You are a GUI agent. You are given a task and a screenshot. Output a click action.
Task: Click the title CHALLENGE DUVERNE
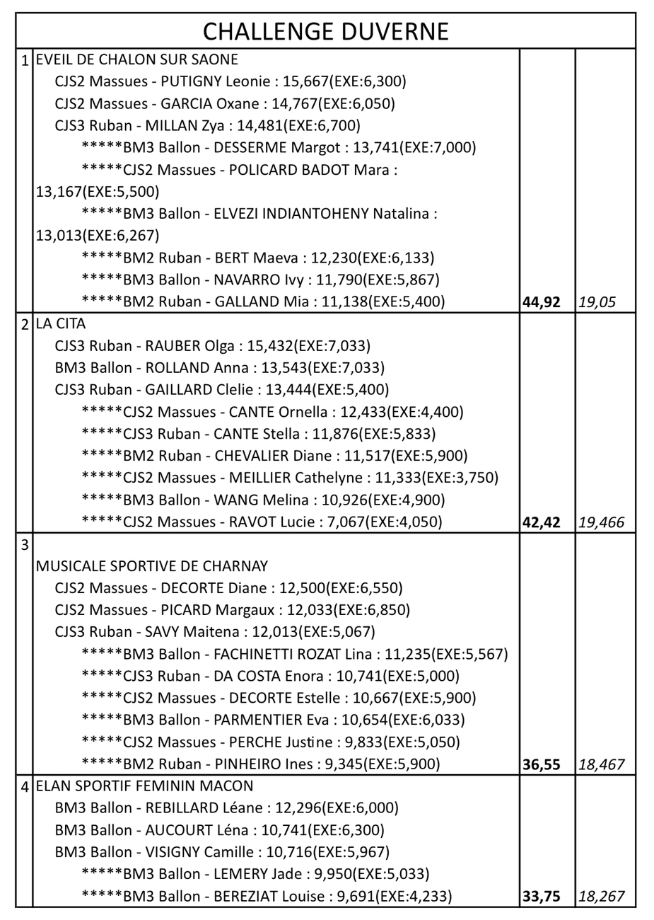pyautogui.click(x=326, y=32)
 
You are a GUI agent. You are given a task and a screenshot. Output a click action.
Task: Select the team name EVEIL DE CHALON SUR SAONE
pyautogui.click(x=137, y=59)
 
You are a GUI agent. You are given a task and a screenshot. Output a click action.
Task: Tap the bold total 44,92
pyautogui.click(x=541, y=303)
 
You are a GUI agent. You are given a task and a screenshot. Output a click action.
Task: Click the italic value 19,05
pyautogui.click(x=597, y=303)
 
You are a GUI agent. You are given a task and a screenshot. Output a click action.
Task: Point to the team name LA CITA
pyautogui.click(x=61, y=324)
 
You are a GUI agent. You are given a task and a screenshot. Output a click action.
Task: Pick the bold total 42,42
pyautogui.click(x=541, y=523)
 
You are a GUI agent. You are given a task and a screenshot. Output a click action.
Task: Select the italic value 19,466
pyautogui.click(x=601, y=523)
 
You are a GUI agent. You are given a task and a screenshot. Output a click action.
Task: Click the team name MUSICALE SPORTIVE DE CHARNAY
pyautogui.click(x=152, y=566)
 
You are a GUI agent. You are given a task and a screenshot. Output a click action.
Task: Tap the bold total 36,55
pyautogui.click(x=541, y=765)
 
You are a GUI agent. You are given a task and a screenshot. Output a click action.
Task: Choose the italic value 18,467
pyautogui.click(x=601, y=765)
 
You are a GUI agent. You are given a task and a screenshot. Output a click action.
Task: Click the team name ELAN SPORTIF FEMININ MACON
pyautogui.click(x=144, y=786)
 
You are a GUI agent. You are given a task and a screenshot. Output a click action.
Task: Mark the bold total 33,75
pyautogui.click(x=541, y=897)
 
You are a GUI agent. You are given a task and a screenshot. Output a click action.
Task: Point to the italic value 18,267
pyautogui.click(x=601, y=897)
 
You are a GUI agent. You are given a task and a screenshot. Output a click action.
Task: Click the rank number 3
pyautogui.click(x=25, y=545)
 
